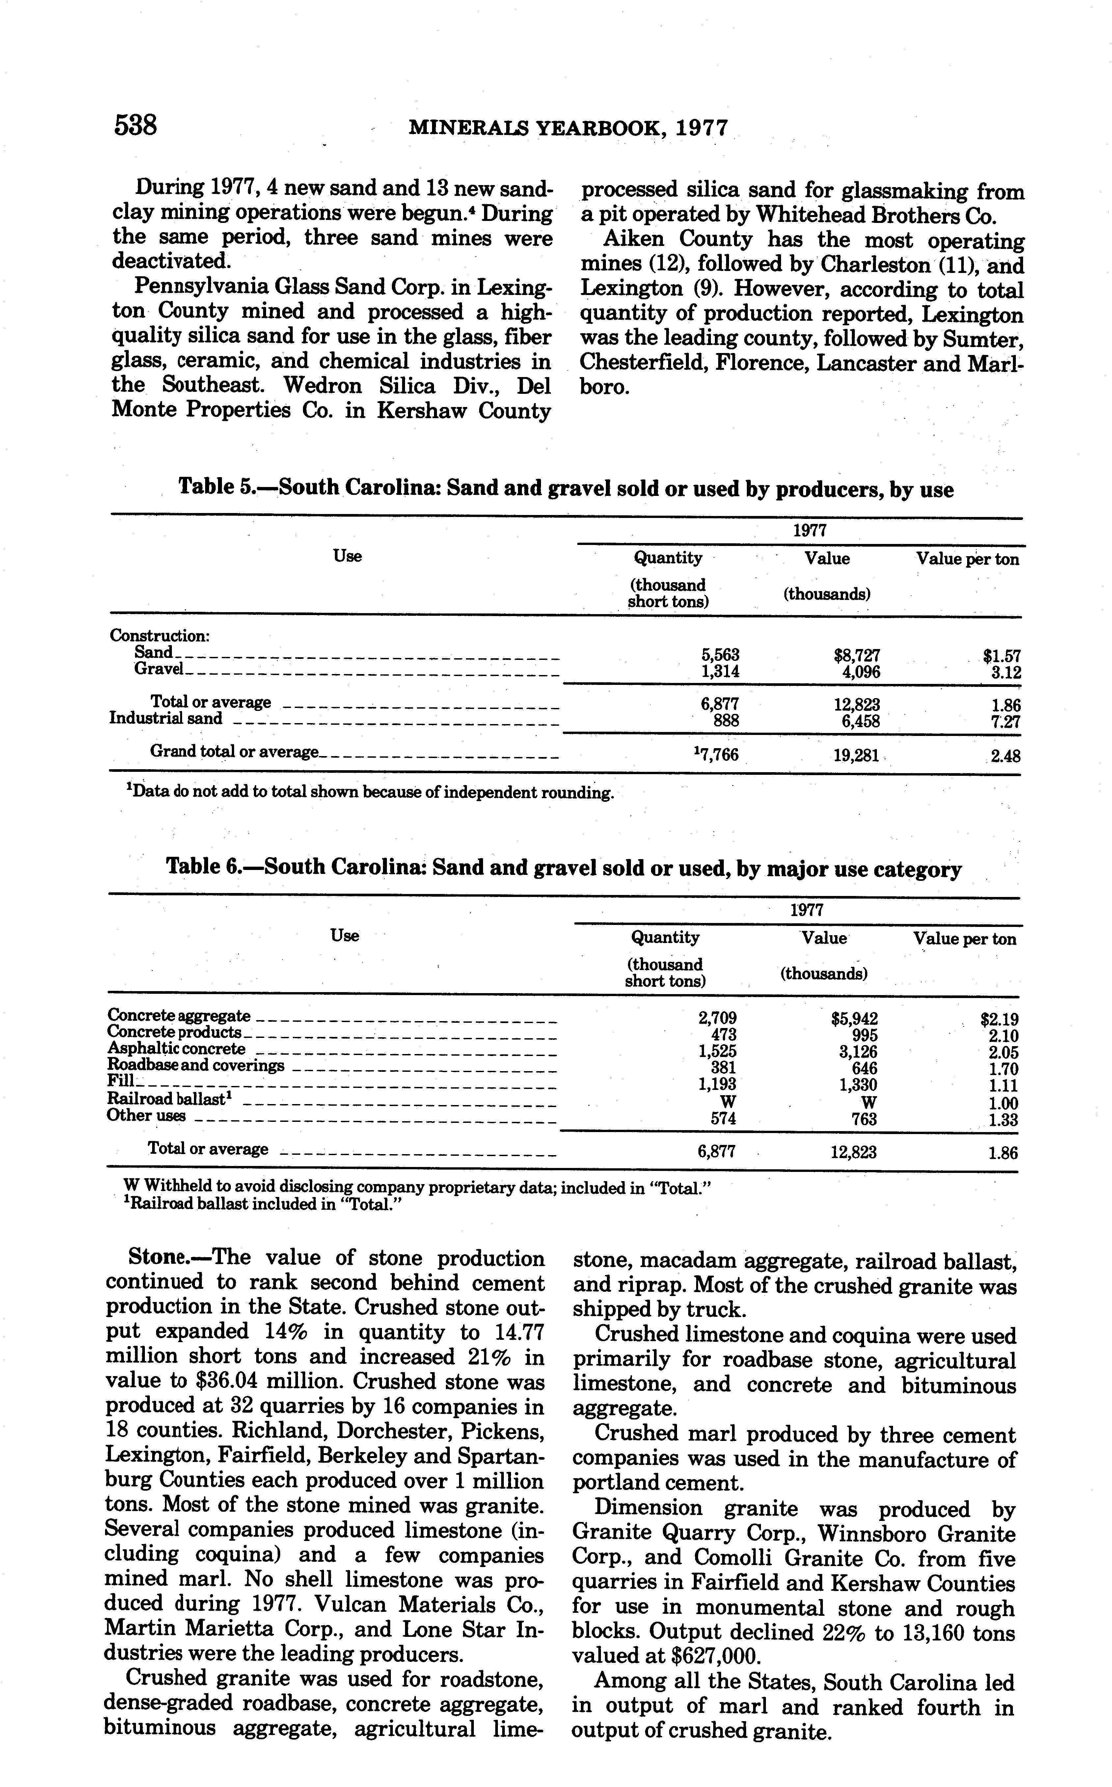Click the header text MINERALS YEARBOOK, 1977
click(x=568, y=129)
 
